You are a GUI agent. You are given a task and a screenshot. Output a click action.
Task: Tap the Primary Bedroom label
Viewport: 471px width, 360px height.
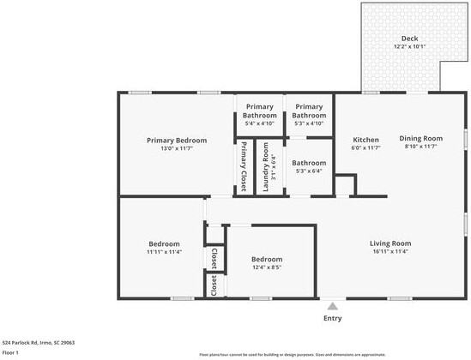176,140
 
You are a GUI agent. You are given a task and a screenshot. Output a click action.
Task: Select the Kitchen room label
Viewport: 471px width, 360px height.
366,140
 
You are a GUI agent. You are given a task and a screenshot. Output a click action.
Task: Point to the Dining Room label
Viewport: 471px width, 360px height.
420,138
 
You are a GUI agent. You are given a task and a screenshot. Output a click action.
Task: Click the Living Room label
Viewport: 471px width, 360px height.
390,243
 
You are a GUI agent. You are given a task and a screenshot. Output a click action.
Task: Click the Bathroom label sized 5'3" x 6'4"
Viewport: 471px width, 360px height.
308,163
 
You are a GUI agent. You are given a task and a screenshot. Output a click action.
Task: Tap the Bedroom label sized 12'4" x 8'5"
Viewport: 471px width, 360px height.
266,259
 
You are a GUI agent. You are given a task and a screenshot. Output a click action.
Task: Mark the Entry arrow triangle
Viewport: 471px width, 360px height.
332,304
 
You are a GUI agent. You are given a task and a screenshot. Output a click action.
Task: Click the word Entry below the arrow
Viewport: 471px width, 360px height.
332,318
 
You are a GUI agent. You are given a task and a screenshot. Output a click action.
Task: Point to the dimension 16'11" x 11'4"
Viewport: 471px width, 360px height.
390,251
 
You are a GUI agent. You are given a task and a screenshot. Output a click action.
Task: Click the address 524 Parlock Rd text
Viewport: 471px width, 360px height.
39,342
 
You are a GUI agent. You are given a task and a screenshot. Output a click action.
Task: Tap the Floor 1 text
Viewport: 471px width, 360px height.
11,352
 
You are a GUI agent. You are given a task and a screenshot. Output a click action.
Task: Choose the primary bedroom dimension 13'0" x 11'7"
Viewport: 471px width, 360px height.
176,148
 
